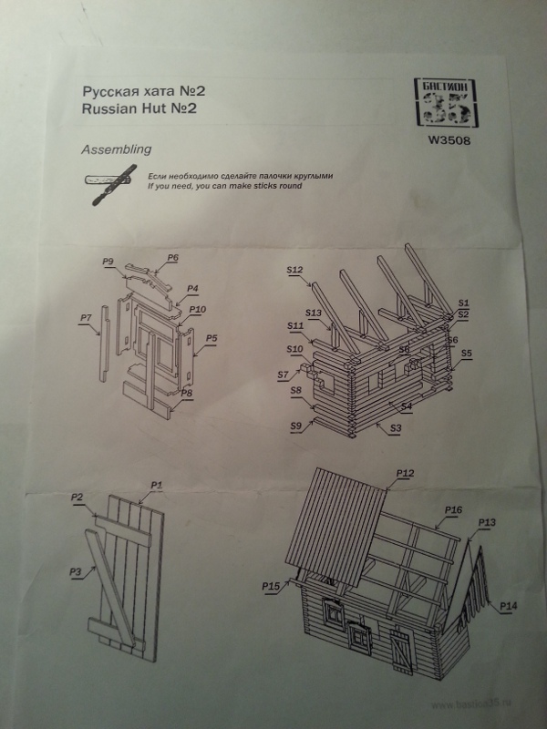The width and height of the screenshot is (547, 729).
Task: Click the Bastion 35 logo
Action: point(444,102)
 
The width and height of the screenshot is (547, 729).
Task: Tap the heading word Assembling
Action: point(117,149)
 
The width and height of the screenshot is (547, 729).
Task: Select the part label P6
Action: point(172,258)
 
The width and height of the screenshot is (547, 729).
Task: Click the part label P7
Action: point(86,317)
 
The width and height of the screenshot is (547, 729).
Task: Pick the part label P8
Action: point(186,394)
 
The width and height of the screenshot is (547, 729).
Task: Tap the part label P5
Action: point(211,338)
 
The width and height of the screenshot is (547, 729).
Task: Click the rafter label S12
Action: point(294,270)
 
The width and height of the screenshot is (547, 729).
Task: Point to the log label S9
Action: point(295,426)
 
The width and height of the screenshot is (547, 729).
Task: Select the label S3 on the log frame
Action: point(396,427)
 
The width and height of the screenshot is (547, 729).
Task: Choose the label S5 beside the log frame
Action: point(466,353)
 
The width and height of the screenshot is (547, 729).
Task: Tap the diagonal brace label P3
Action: point(76,571)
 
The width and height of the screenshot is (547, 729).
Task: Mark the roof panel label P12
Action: point(406,472)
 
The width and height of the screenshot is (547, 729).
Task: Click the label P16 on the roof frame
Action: point(453,509)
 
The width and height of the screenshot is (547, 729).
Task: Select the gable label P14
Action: point(509,606)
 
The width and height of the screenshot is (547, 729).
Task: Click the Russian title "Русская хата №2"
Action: point(140,91)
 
